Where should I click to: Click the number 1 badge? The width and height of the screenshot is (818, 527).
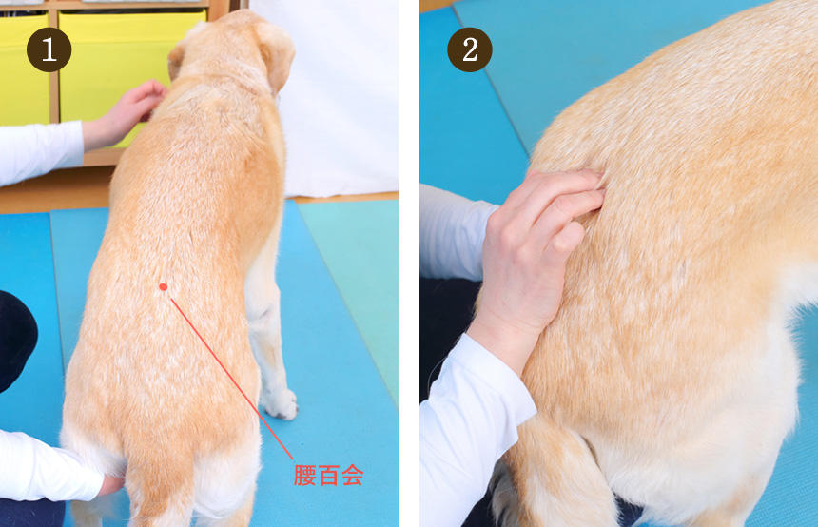point(49,49)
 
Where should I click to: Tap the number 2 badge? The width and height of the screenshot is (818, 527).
point(470,49)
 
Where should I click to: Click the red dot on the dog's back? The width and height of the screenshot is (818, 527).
point(164,286)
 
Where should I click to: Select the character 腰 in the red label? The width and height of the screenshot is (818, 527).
point(304,476)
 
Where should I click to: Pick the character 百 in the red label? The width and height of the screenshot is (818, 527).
point(328,476)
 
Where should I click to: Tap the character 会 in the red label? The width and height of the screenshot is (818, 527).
point(353,476)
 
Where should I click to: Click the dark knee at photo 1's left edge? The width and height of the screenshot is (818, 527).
point(15,340)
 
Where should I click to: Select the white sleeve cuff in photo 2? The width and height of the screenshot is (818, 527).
point(477,412)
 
